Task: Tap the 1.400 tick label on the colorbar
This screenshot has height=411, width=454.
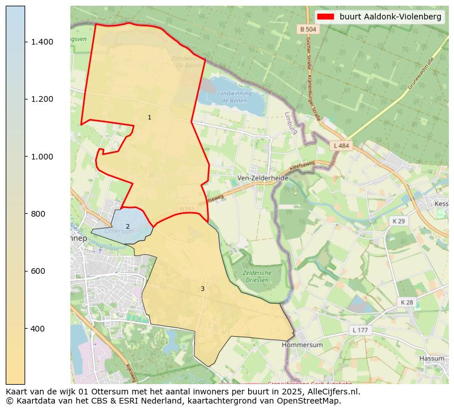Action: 42,42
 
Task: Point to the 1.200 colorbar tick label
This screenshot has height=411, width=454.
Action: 42,99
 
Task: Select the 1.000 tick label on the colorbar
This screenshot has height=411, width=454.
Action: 42,157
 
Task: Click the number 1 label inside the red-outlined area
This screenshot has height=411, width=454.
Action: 149,118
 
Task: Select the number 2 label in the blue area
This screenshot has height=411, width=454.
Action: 128,227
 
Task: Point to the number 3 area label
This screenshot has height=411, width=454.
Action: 202,289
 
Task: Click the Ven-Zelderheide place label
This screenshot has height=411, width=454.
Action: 263,178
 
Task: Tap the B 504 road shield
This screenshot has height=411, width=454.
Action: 307,29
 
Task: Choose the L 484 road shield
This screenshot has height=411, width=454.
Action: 341,146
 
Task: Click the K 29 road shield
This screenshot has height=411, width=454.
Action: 398,221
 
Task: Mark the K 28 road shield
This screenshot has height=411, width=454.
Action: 407,302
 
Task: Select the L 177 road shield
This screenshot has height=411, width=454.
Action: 360,330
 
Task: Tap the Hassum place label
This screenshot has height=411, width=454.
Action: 432,358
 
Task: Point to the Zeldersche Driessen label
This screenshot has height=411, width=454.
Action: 257,277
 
